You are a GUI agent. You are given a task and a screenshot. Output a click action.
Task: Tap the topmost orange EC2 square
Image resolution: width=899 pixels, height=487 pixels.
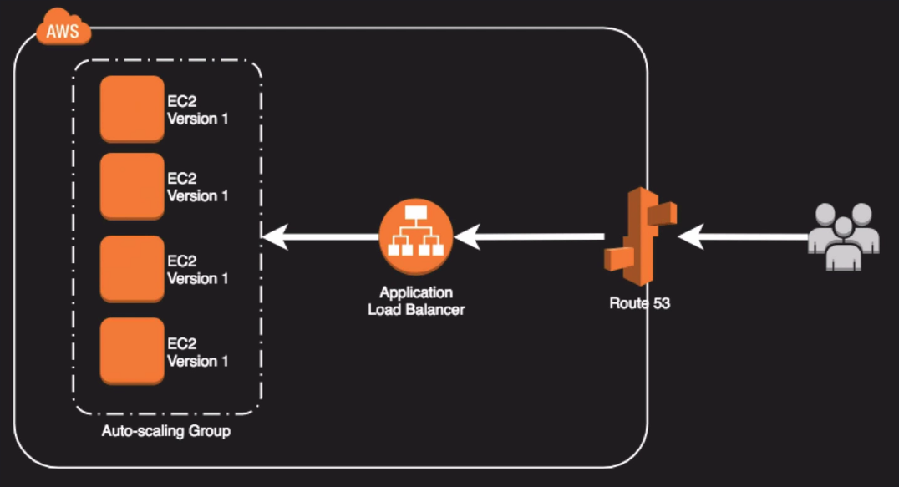point(132,109)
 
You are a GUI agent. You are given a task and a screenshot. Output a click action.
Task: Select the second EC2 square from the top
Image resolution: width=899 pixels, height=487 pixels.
point(132,185)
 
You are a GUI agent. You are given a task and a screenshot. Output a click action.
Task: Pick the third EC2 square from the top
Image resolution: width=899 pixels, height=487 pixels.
point(132,268)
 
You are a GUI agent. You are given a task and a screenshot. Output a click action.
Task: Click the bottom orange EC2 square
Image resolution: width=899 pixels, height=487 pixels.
point(132,351)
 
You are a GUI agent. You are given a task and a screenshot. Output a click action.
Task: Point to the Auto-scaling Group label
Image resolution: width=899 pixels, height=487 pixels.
point(166,432)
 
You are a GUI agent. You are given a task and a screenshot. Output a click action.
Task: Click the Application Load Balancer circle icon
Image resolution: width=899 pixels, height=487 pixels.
point(415,236)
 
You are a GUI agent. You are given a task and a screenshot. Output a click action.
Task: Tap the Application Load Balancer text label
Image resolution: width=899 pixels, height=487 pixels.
point(416,302)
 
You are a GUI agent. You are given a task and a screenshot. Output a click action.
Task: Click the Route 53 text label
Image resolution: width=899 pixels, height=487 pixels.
point(639,303)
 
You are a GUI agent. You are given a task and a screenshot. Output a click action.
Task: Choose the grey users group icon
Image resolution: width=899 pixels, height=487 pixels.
point(844,237)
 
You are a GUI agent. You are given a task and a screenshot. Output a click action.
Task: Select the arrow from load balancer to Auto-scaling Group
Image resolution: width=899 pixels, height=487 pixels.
point(321,238)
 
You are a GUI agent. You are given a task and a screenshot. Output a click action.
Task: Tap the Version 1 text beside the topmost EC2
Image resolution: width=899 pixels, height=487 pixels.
point(198,119)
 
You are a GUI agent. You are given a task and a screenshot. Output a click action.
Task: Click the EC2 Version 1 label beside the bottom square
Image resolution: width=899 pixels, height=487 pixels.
point(197,353)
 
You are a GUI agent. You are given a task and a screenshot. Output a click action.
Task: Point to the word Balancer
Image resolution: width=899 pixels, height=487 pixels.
point(435,310)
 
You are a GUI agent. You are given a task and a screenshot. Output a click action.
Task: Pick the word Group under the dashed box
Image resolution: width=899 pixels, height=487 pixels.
point(211,432)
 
